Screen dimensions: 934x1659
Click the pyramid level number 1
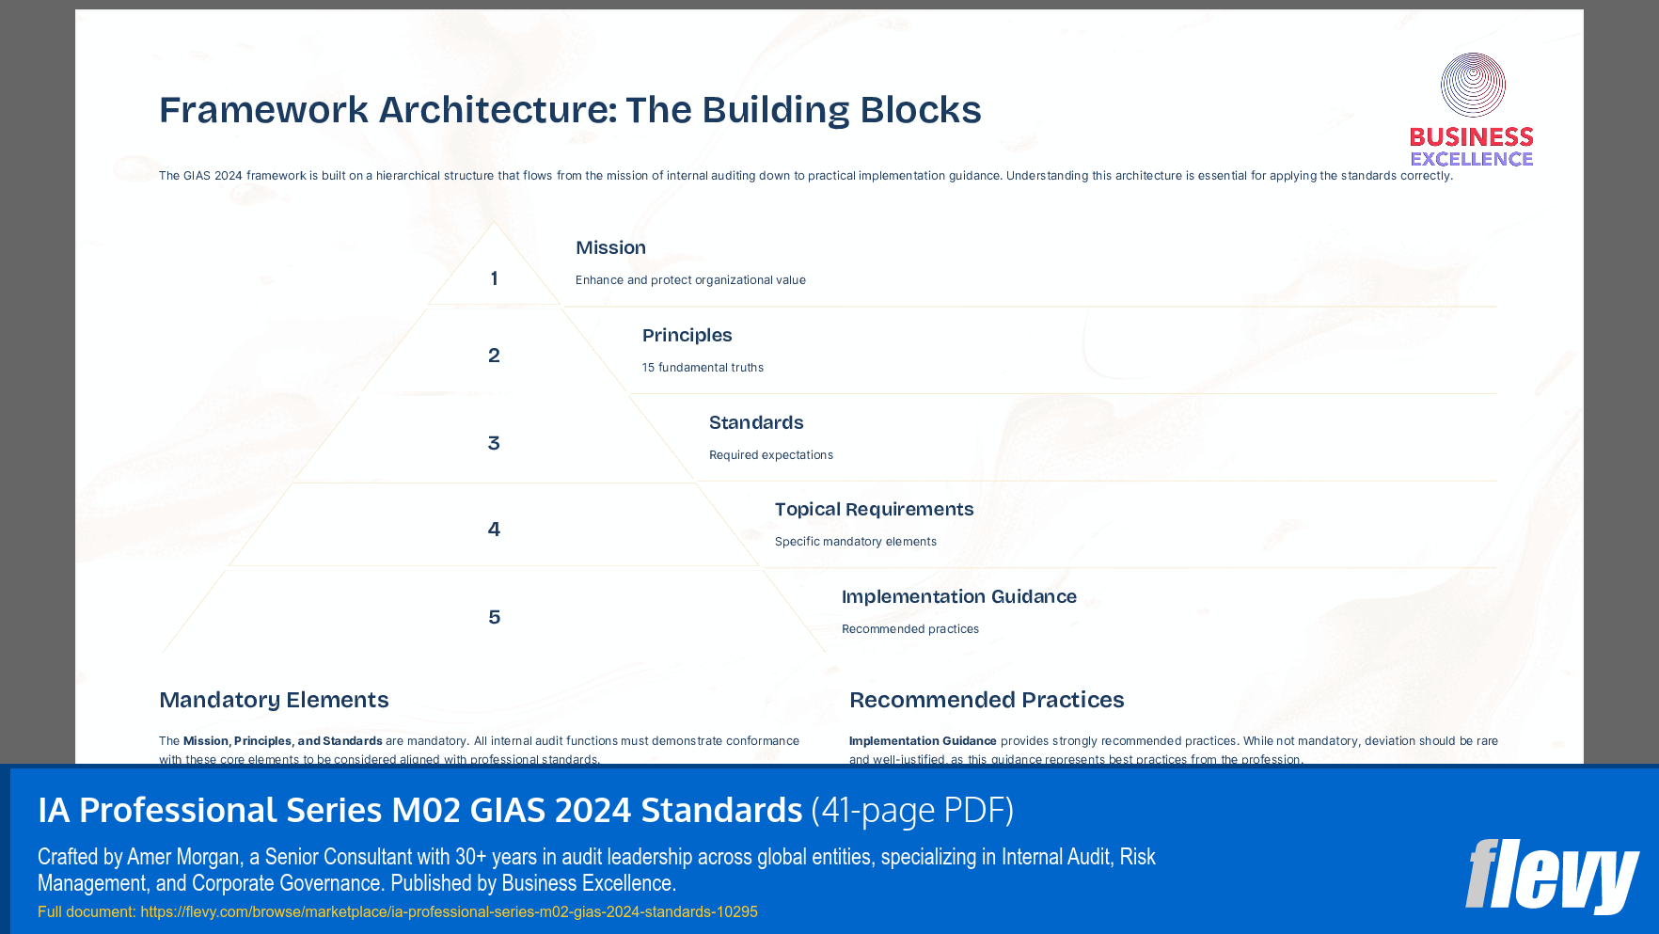(494, 278)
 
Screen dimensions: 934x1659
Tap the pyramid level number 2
(494, 356)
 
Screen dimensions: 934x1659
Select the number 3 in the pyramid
(494, 443)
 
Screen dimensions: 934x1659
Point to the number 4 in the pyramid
(494, 530)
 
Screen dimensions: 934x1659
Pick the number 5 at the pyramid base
(494, 617)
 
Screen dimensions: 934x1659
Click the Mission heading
(610, 247)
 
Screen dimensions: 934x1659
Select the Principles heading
(687, 335)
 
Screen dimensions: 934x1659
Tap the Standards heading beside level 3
(756, 422)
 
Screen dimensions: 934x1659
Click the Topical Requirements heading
(874, 509)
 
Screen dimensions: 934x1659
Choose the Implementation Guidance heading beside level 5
(958, 596)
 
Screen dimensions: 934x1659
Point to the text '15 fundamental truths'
(703, 368)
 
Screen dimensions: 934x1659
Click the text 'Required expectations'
(770, 455)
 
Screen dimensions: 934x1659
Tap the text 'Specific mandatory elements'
(855, 542)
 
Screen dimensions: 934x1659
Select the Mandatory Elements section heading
(274, 700)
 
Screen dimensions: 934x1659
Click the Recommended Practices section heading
(987, 700)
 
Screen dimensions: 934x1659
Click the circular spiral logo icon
(1473, 85)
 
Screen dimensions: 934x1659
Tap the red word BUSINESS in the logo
(1471, 137)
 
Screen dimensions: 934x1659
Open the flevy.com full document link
(449, 911)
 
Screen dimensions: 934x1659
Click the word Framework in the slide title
(263, 110)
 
